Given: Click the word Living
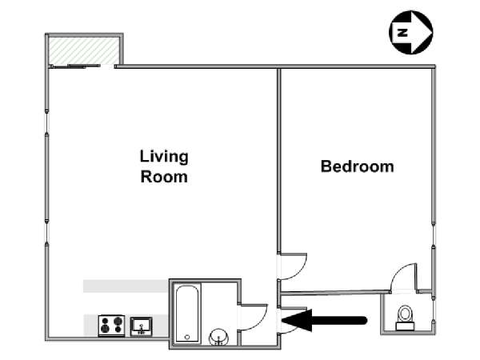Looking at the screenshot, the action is point(164,157).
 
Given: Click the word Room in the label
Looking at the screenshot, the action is point(164,177).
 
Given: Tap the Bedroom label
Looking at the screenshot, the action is point(358,166).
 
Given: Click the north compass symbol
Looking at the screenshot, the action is point(411,32).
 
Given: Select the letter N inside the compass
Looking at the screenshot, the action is point(402,33).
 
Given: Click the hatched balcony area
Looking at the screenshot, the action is point(83,51).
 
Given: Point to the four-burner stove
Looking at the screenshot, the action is point(111,326).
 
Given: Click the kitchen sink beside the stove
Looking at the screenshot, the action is point(141,326).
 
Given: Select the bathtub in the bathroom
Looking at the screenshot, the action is point(187,313).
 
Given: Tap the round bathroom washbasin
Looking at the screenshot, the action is point(218,337).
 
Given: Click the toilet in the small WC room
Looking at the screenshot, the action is point(405,318).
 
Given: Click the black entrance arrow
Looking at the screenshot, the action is point(324,321).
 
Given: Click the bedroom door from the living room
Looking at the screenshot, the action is point(293,266).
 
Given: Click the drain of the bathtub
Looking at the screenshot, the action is point(187,337).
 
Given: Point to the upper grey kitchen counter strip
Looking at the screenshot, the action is point(126,286).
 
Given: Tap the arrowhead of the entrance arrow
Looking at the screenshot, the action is point(297,321).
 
